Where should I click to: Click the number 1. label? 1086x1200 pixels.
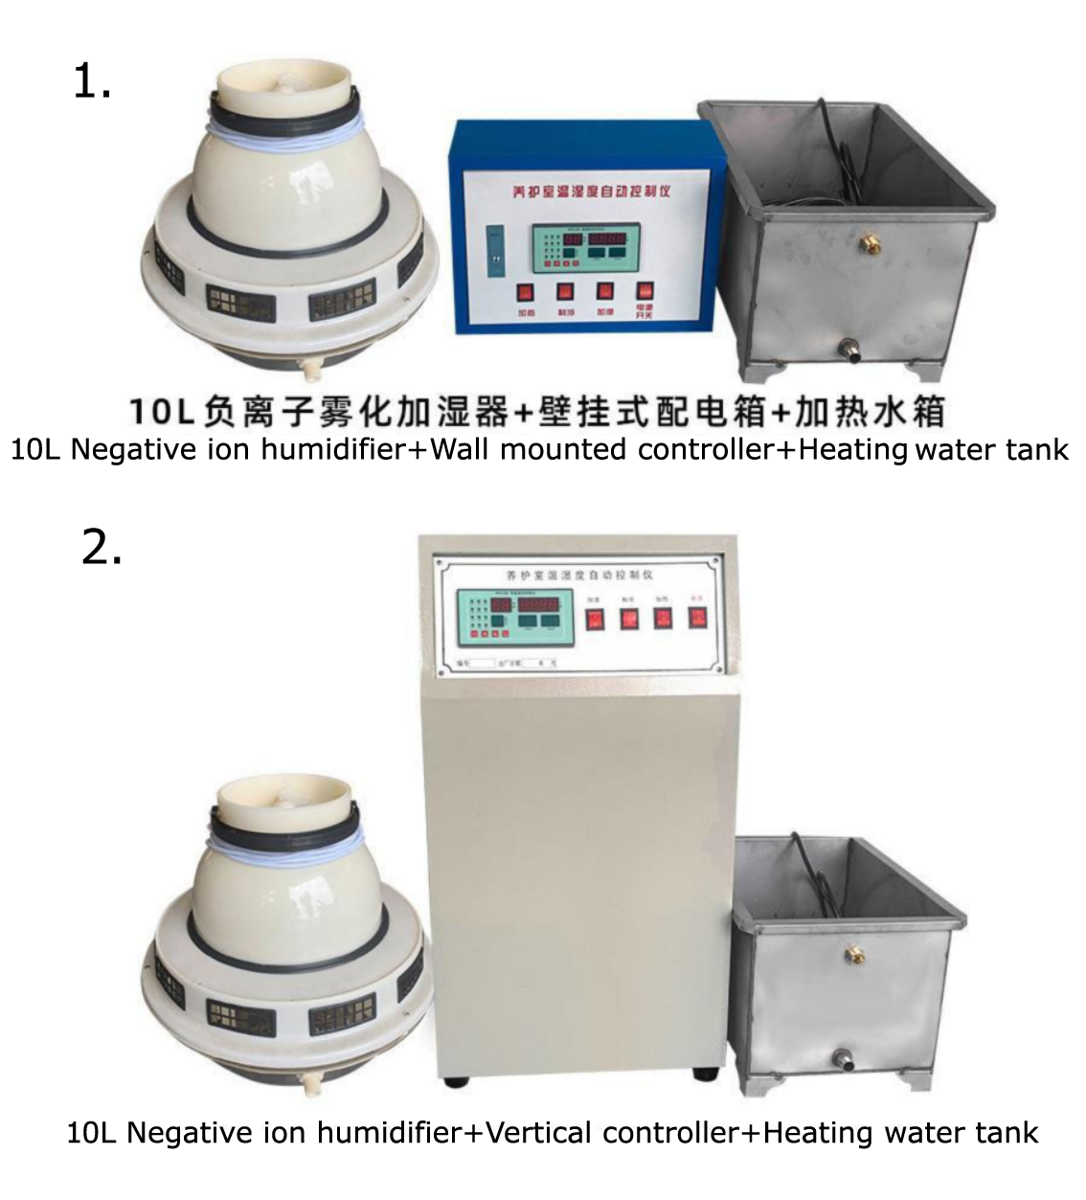coord(92,82)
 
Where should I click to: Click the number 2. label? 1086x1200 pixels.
coord(102,548)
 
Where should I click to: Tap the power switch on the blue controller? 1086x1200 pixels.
coord(645,291)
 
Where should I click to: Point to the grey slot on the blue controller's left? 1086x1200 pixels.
coord(493,248)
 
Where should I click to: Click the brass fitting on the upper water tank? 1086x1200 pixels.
coord(872,238)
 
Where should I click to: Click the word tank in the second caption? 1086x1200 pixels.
coord(1007,1133)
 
